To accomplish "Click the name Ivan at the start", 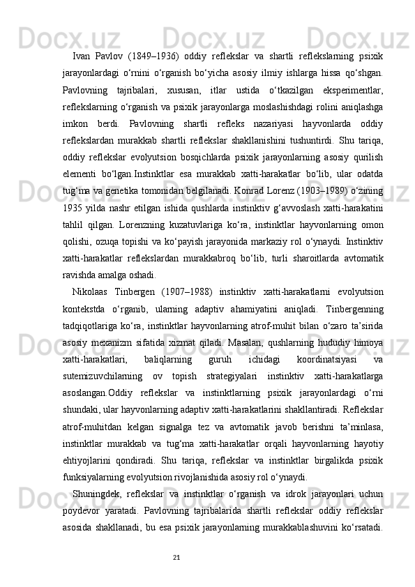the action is click(82, 56).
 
